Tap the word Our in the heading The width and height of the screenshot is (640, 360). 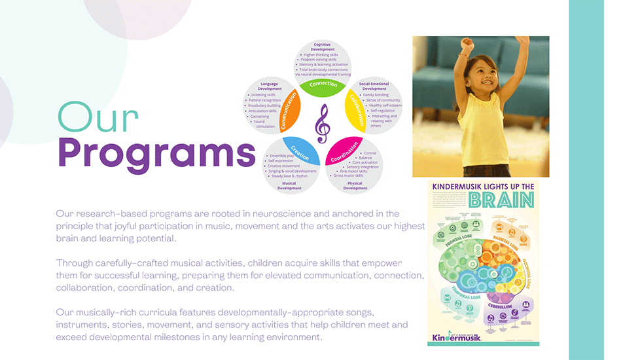(98, 118)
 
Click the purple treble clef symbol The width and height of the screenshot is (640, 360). (323, 124)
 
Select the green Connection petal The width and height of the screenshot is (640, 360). (323, 86)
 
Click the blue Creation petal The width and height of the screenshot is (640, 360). (302, 152)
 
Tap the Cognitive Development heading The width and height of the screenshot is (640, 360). (322, 46)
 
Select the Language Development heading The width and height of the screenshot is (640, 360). (270, 86)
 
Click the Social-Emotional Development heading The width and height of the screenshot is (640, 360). (374, 86)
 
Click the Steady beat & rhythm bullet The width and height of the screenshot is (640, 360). (289, 175)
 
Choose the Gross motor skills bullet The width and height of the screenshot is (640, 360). (348, 175)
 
